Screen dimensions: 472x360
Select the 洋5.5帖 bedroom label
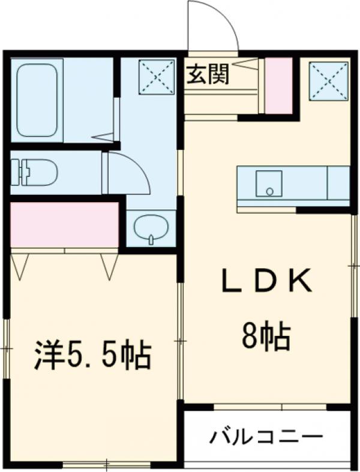click(x=91, y=356)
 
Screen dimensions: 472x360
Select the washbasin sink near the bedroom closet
click(x=151, y=228)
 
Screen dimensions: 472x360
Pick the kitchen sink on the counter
click(x=269, y=184)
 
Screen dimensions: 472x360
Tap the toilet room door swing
click(x=127, y=173)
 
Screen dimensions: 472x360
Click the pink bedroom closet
click(x=64, y=224)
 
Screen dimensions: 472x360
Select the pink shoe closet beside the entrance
click(x=278, y=86)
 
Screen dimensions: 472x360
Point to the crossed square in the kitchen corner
click(x=328, y=80)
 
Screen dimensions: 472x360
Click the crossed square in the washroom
click(x=157, y=77)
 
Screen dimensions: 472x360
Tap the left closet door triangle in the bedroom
click(x=20, y=265)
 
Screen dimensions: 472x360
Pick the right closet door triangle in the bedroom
click(x=110, y=265)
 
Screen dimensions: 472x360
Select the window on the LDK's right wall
click(x=354, y=264)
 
